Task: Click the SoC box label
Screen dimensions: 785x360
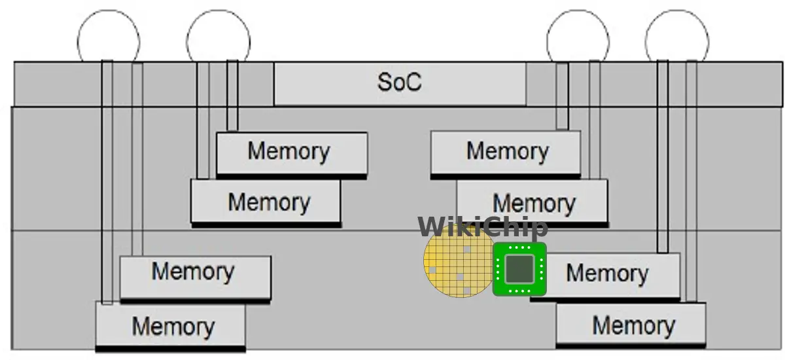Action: pos(400,82)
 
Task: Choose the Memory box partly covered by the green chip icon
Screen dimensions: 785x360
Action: pos(606,276)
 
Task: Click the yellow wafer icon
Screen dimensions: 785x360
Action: pos(459,261)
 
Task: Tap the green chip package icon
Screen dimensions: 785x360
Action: pos(519,269)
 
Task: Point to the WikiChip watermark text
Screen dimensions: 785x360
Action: pos(483,226)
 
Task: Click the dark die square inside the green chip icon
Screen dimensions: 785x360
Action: pos(519,269)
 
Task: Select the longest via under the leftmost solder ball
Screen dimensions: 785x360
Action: pos(107,182)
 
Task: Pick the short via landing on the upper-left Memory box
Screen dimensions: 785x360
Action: pos(232,96)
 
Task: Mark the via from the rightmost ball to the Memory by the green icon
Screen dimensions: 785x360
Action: pos(662,156)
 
